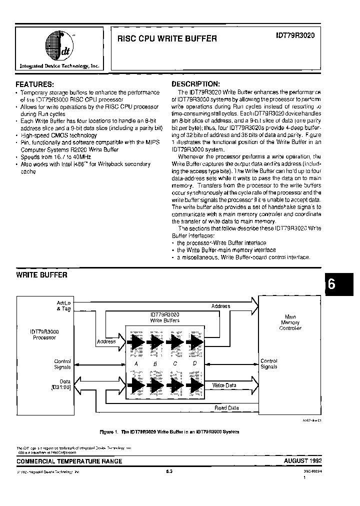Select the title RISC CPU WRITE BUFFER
[167, 38]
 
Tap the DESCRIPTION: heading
[195, 84]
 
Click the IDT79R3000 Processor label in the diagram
[45, 334]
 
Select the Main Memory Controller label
[290, 322]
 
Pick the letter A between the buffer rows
[135, 363]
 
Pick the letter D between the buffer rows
[195, 363]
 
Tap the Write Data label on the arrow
[224, 385]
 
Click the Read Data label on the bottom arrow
[226, 408]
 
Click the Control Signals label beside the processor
[62, 364]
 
